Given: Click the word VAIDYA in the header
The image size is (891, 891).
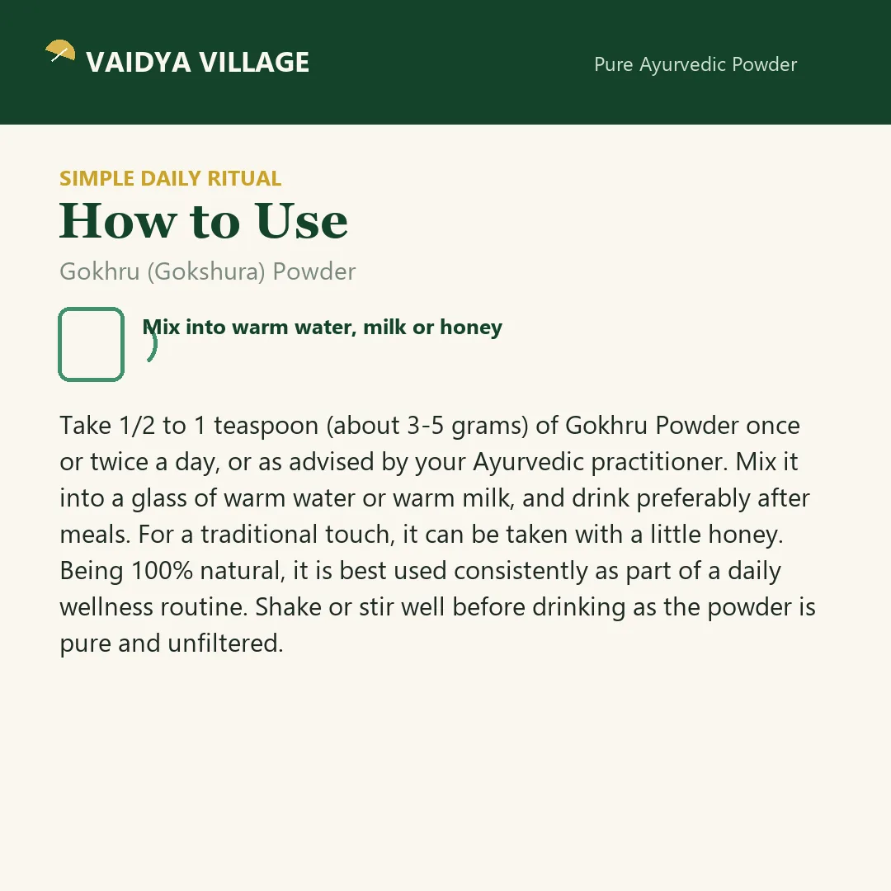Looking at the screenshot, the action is pyautogui.click(x=138, y=63).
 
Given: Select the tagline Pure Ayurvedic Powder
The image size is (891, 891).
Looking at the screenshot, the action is pyautogui.click(x=695, y=65).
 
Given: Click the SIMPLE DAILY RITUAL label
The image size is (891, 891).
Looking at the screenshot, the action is pyautogui.click(x=171, y=178).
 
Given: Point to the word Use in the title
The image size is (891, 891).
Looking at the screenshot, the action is pyautogui.click(x=301, y=220).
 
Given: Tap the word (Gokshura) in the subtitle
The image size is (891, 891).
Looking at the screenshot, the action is pyautogui.click(x=206, y=271).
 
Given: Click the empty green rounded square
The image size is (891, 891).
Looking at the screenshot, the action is pyautogui.click(x=91, y=344).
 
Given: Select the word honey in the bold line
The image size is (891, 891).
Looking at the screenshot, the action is pyautogui.click(x=471, y=328).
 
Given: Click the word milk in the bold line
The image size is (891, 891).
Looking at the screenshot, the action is pyautogui.click(x=384, y=328).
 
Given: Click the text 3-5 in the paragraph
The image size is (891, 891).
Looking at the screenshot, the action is pyautogui.click(x=426, y=426).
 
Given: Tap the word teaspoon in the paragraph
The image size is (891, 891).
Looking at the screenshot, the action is pyautogui.click(x=266, y=427).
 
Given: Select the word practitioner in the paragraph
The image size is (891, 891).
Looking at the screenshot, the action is pyautogui.click(x=659, y=463).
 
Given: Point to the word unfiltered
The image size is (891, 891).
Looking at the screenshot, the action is pyautogui.click(x=225, y=643).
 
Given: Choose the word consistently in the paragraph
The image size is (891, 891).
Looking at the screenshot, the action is pyautogui.click(x=521, y=571).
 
